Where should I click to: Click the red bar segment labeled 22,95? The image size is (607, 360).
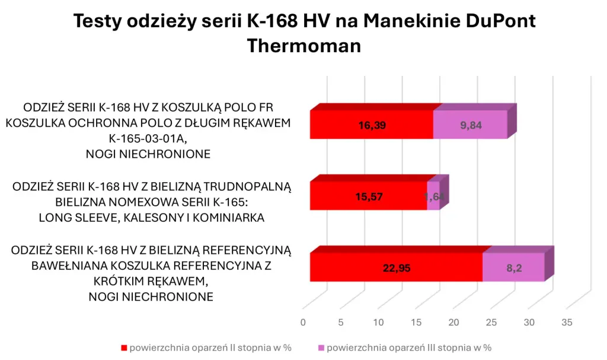pyautogui.click(x=396, y=267)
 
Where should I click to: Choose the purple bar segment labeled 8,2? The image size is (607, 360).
pyautogui.click(x=513, y=267)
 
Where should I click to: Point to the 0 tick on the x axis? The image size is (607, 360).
pyautogui.click(x=303, y=323)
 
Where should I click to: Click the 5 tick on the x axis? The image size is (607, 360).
pyautogui.click(x=341, y=323)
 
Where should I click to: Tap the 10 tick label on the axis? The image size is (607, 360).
pyautogui.click(x=378, y=323)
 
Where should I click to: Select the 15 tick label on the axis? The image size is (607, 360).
pyautogui.click(x=416, y=323)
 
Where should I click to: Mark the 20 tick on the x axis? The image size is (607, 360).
pyautogui.click(x=454, y=323)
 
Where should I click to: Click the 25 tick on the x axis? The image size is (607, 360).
pyautogui.click(x=491, y=323)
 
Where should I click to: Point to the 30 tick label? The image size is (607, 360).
pyautogui.click(x=529, y=323)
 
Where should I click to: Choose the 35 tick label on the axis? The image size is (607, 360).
pyautogui.click(x=567, y=323)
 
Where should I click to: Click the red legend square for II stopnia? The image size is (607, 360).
pyautogui.click(x=124, y=347)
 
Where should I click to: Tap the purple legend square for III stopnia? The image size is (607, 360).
pyautogui.click(x=321, y=347)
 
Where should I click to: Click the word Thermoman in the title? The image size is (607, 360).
pyautogui.click(x=303, y=46)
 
